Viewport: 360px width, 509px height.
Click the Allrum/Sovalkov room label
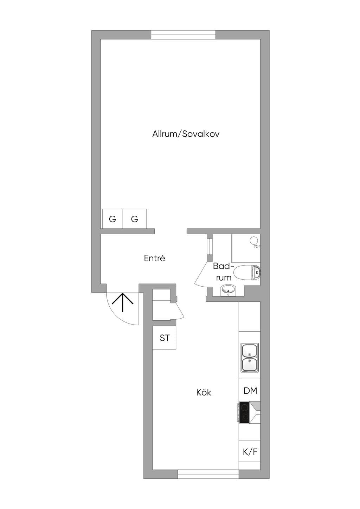tap(186, 134)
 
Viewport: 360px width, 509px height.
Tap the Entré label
tap(154, 258)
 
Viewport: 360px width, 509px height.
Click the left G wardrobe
tap(112, 218)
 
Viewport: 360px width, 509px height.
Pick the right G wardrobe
tap(134, 218)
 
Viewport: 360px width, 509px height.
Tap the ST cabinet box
tap(165, 338)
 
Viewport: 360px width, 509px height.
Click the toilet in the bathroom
tap(247, 272)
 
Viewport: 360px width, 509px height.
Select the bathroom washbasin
tap(228, 291)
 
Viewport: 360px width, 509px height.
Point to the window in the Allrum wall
tap(183, 35)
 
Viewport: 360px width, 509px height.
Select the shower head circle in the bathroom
tap(253, 240)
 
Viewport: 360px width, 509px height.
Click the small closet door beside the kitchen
tap(179, 311)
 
